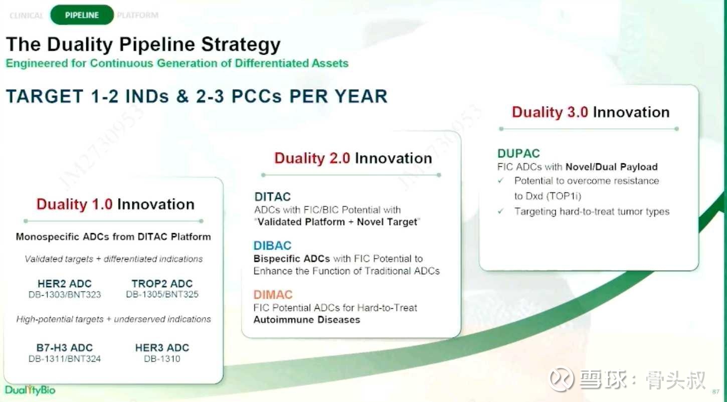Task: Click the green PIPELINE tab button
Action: pos(82,15)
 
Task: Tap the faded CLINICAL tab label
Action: pos(26,16)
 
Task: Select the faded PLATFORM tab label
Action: pos(138,15)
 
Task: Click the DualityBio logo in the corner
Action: pos(30,389)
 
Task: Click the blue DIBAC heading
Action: pos(273,246)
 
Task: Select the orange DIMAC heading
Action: pos(273,295)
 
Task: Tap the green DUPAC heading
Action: pos(518,153)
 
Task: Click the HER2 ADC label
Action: pos(65,284)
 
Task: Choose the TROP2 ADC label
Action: pos(162,284)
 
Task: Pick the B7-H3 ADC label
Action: pos(65,348)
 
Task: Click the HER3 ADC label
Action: pos(162,348)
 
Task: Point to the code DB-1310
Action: pos(162,359)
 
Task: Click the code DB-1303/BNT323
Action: pos(65,295)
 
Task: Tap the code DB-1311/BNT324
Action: pos(65,359)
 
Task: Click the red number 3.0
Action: pos(578,112)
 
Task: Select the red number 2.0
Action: pos(340,158)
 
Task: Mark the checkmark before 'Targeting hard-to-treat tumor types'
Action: pos(501,211)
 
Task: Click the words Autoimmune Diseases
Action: pos(307,320)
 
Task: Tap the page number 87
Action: pos(716,392)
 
